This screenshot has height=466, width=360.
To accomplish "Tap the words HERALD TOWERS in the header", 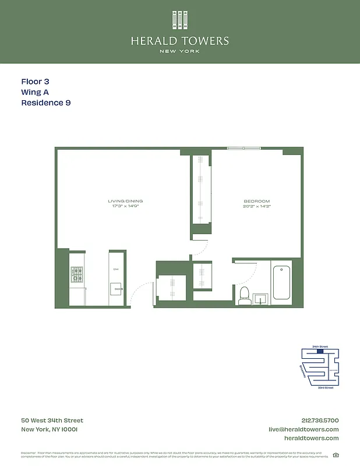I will (180, 41).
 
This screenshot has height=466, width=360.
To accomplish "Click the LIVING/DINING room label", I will (126, 201).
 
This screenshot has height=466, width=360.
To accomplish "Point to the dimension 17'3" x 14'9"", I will (126, 206).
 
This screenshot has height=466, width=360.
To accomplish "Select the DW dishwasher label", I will (116, 269).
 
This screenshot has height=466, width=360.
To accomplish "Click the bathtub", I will (281, 283).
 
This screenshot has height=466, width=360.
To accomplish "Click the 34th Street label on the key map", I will (320, 347).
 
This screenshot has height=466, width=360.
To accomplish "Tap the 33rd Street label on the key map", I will (325, 387).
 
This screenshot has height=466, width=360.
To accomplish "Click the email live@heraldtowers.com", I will (303, 429).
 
